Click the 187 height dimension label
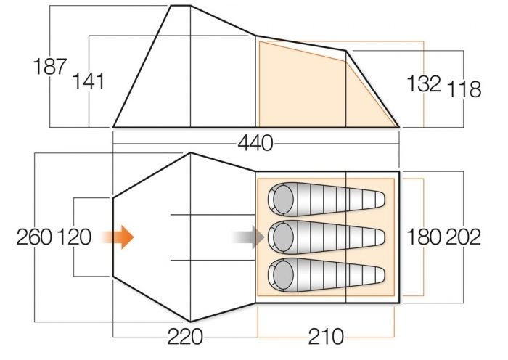[50, 67]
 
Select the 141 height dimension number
[89, 81]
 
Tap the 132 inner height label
[424, 83]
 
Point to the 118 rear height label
[464, 89]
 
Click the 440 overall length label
[255, 143]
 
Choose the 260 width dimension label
[34, 237]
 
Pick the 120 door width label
[74, 237]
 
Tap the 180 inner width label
[424, 237]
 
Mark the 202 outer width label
[463, 237]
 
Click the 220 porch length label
[185, 337]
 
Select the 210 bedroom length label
[326, 337]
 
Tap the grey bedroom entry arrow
[248, 237]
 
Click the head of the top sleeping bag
[283, 200]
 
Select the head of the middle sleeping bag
[283, 237]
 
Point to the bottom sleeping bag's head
[283, 275]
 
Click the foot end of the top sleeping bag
[380, 200]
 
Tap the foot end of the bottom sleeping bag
[380, 275]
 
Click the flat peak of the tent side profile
[181, 6]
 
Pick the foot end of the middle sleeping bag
[380, 237]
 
